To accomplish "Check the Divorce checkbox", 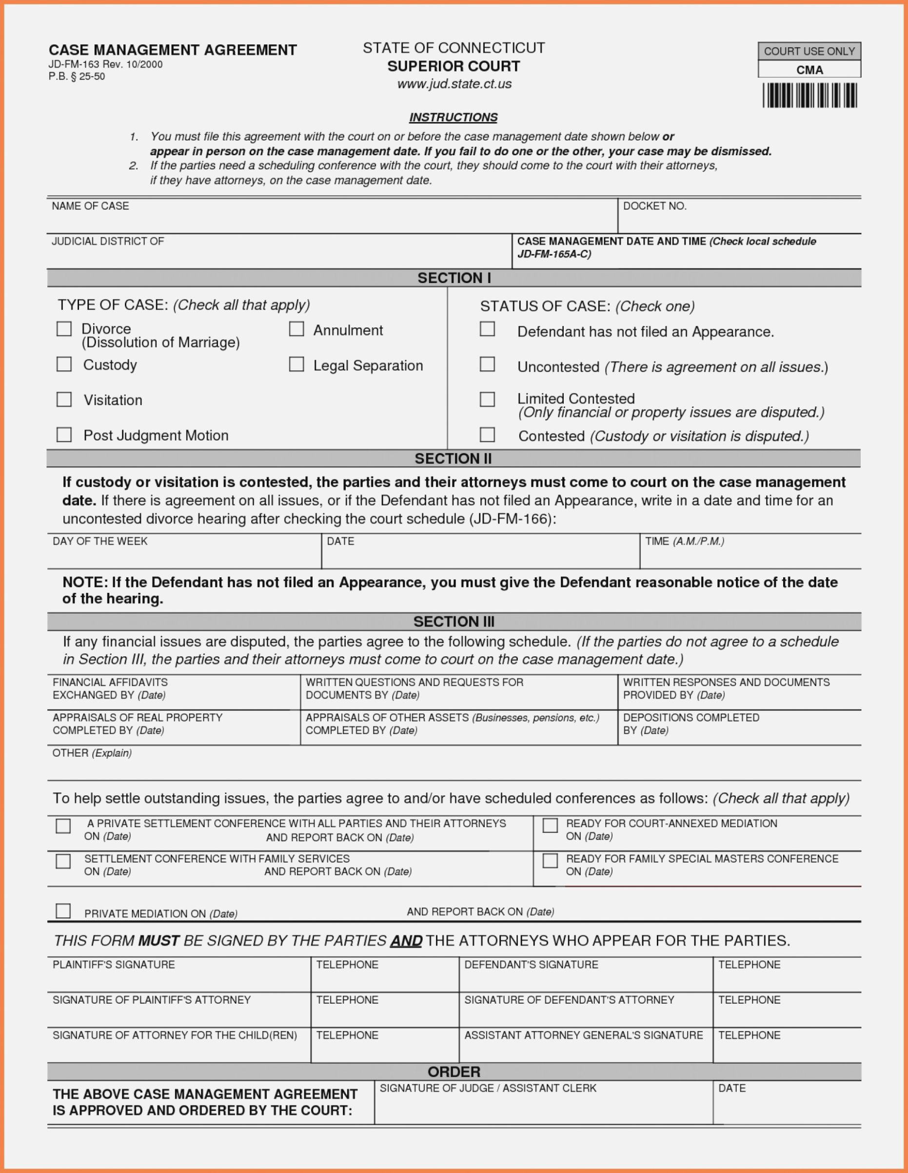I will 64,329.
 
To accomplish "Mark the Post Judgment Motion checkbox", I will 64,434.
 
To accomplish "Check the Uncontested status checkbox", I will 487,364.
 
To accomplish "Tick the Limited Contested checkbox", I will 487,399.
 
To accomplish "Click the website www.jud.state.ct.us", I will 454,84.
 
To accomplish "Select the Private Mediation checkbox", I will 63,911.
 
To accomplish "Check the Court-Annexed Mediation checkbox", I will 550,826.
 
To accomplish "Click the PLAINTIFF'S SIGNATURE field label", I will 114,965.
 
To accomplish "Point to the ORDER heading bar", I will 454,1072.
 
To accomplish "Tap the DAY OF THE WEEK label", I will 100,542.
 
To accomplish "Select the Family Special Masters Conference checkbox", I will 550,861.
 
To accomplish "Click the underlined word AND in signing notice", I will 406,941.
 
